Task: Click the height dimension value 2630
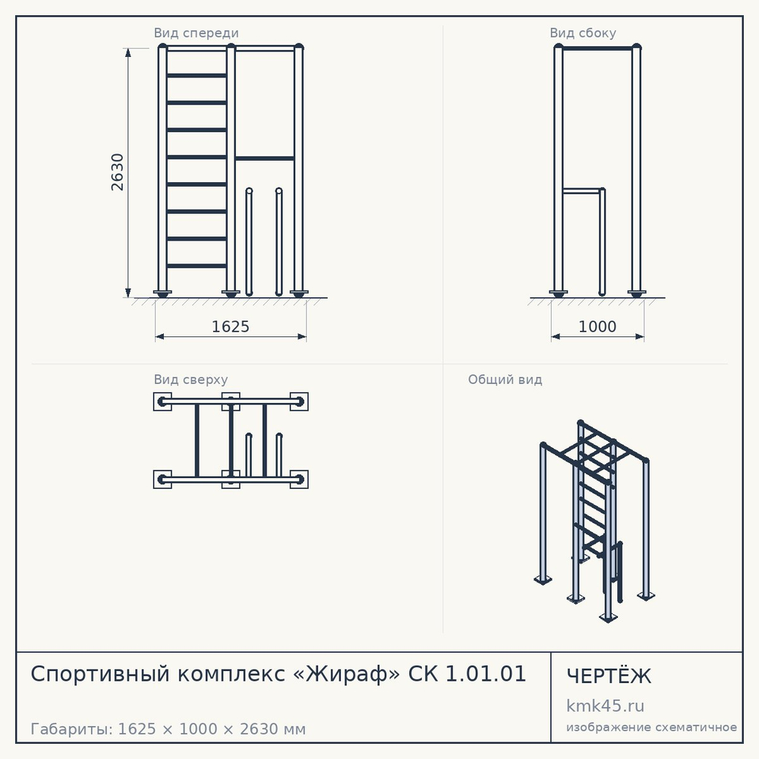click(118, 172)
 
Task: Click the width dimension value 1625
click(231, 326)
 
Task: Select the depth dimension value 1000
click(597, 326)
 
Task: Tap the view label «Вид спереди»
click(196, 33)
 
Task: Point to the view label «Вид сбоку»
click(583, 33)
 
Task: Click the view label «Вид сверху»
click(191, 379)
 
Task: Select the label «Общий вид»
click(505, 379)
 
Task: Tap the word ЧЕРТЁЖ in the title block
click(609, 676)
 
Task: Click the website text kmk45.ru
click(605, 706)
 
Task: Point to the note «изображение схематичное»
click(651, 727)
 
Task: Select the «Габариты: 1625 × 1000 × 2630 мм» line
click(168, 729)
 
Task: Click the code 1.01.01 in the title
click(485, 674)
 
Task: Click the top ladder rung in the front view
click(197, 75)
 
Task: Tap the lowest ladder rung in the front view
click(197, 266)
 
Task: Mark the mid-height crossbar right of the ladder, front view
click(265, 159)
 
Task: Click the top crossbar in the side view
click(597, 49)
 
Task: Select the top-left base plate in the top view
click(162, 402)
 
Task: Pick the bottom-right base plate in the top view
click(299, 479)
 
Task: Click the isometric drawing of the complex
click(594, 521)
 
